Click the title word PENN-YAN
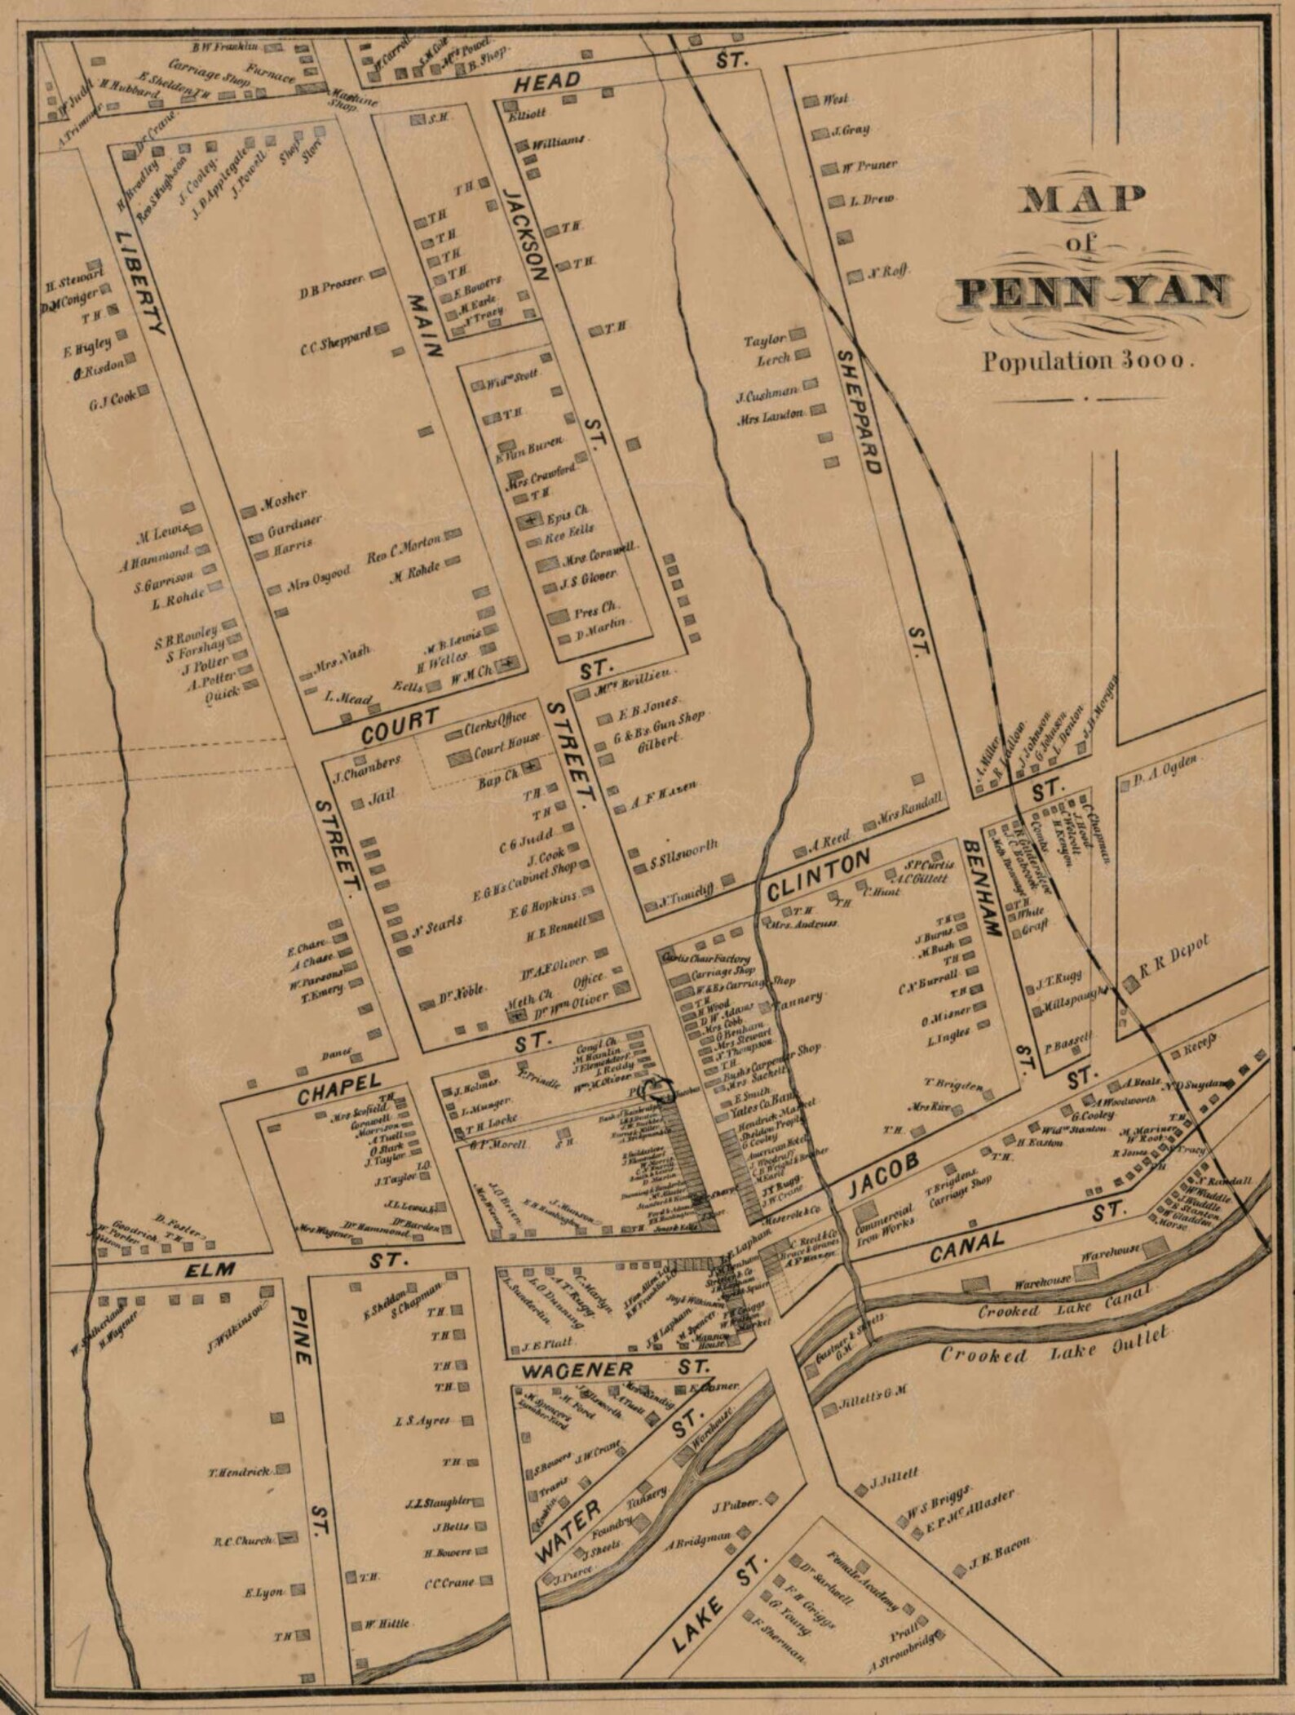pyautogui.click(x=1093, y=292)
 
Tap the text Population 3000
pyautogui.click(x=1088, y=361)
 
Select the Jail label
pyautogui.click(x=382, y=796)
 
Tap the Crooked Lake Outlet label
pyautogui.click(x=1055, y=1345)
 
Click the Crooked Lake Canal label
pyautogui.click(x=1064, y=1302)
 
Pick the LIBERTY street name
pyautogui.click(x=139, y=281)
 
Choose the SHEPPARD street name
pyautogui.click(x=860, y=412)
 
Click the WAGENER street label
pyautogui.click(x=579, y=1369)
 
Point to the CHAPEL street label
pyautogui.click(x=338, y=1089)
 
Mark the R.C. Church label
pyautogui.click(x=243, y=1541)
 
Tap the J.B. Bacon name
pyautogui.click(x=1000, y=1555)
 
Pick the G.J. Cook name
pyautogui.click(x=113, y=399)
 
